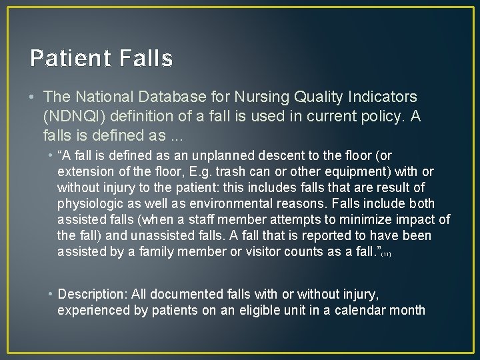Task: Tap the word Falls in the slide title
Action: pos(147,59)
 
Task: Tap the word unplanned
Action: pos(245,156)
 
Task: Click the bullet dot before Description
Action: pos(51,294)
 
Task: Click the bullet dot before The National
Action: pos(33,98)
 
